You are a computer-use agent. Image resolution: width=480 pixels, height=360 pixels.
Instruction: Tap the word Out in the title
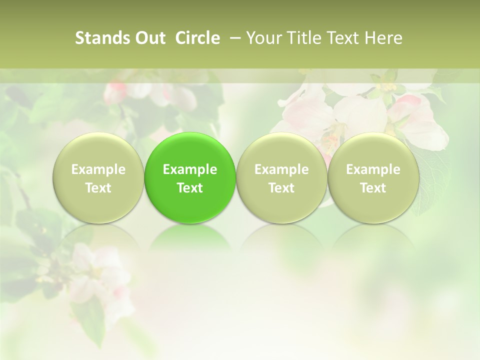(148, 38)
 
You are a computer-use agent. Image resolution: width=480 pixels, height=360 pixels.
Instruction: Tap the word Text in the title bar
(341, 38)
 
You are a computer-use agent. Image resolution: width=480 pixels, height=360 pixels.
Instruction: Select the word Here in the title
(383, 38)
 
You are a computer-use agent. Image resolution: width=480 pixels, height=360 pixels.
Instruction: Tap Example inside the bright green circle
(190, 169)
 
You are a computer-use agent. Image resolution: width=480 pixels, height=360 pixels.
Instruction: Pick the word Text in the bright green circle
(190, 188)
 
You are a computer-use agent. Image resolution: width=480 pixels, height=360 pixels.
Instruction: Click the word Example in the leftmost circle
(98, 169)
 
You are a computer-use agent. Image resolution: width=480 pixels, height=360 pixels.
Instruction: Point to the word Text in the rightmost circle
(373, 188)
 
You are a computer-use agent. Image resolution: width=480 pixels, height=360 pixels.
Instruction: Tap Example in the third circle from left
(281, 169)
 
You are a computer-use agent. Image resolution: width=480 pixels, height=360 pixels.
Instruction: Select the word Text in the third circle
(281, 188)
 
